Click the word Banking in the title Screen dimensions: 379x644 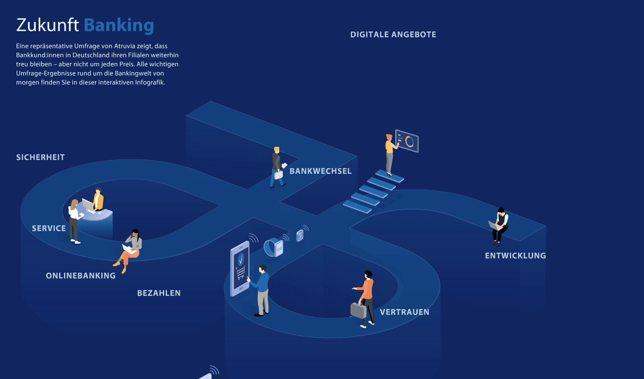pos(119,25)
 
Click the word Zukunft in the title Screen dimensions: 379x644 pos(47,25)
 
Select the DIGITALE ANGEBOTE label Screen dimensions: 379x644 pos(393,35)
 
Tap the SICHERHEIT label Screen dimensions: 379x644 pos(40,157)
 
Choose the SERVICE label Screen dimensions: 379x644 pos(49,228)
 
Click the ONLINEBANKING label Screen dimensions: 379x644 pos(80,276)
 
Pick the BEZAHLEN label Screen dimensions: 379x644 pos(159,293)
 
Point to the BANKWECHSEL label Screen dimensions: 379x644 pos(320,171)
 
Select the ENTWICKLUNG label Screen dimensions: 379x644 pos(515,255)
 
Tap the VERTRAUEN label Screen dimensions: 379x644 pos(405,312)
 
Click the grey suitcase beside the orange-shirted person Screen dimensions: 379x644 pos(358,310)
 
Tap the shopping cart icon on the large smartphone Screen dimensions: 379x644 pos(241,273)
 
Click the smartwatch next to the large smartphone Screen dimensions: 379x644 pos(274,247)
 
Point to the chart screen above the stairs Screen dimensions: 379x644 pos(407,141)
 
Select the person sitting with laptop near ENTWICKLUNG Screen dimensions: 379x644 pos(500,226)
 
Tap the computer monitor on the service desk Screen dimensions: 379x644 pos(88,204)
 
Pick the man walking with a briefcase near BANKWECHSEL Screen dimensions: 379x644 pos(277,167)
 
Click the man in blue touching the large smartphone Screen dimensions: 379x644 pos(262,290)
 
